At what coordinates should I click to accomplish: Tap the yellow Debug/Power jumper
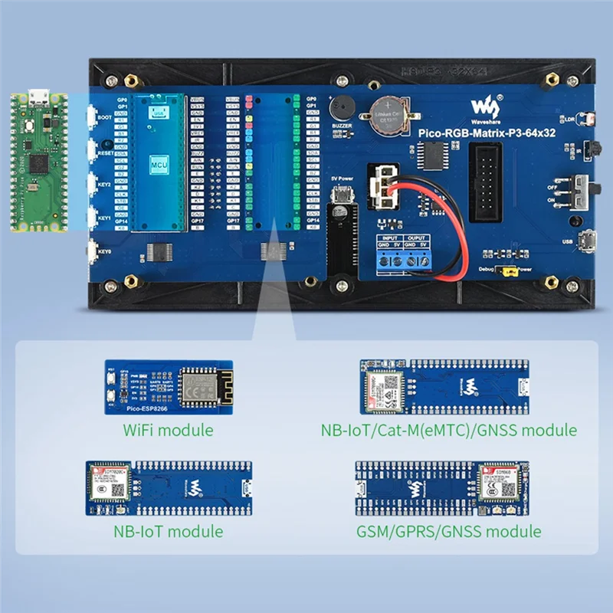point(506,270)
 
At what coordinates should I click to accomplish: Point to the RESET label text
point(106,152)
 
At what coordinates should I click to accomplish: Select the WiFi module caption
point(169,430)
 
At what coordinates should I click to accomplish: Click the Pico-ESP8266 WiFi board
point(169,386)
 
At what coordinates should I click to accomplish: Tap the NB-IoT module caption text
point(169,530)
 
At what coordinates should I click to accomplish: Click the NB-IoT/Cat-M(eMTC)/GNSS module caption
point(448,430)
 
